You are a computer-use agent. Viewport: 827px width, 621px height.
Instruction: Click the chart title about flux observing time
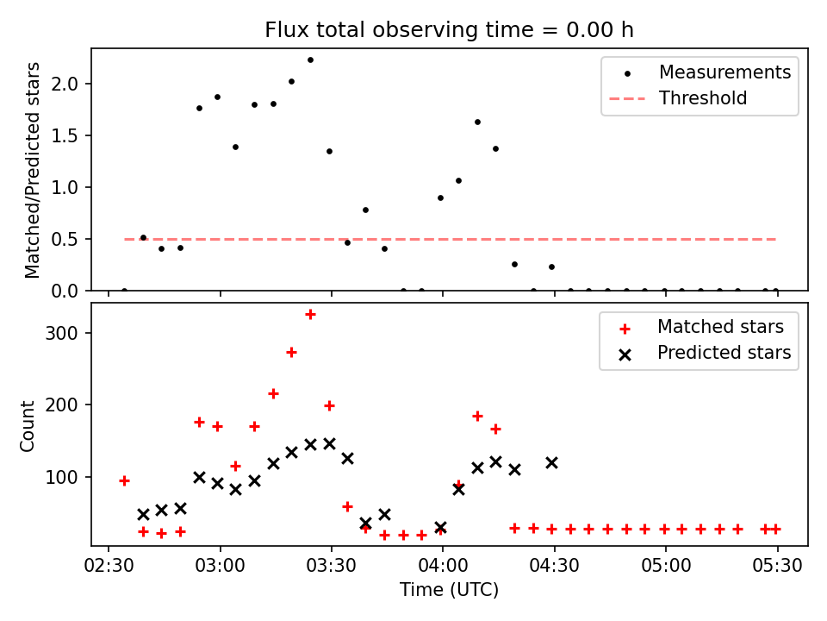coord(449,30)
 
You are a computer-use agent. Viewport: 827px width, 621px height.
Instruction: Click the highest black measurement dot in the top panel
coord(310,60)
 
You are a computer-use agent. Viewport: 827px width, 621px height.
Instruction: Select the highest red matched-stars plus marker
coord(310,315)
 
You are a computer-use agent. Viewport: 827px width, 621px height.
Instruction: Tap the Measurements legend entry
coord(706,72)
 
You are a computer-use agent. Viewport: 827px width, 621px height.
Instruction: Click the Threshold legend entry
coord(678,98)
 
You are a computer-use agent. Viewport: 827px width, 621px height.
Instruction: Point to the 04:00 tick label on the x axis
coord(443,566)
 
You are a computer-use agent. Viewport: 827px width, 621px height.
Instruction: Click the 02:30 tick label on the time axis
coord(109,566)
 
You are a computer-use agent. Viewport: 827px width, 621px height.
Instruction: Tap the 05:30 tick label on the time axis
coord(777,566)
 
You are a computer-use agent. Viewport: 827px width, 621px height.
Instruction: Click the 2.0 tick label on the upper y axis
coord(65,84)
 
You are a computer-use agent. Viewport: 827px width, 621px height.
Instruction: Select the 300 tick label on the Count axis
coord(62,333)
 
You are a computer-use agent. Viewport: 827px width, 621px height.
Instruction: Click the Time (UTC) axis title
coord(449,590)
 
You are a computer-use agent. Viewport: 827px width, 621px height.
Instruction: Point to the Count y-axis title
coord(27,426)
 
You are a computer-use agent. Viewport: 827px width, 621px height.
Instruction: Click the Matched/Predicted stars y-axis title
coord(32,170)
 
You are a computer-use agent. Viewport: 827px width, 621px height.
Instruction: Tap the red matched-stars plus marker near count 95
coord(124,481)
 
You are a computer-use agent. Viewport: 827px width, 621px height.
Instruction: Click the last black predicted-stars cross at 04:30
coord(551,463)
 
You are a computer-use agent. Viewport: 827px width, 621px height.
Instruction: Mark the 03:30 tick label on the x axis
coord(331,566)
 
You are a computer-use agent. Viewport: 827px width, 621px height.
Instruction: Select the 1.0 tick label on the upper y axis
coord(65,187)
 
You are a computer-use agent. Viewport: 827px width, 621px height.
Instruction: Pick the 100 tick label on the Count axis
coord(62,477)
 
